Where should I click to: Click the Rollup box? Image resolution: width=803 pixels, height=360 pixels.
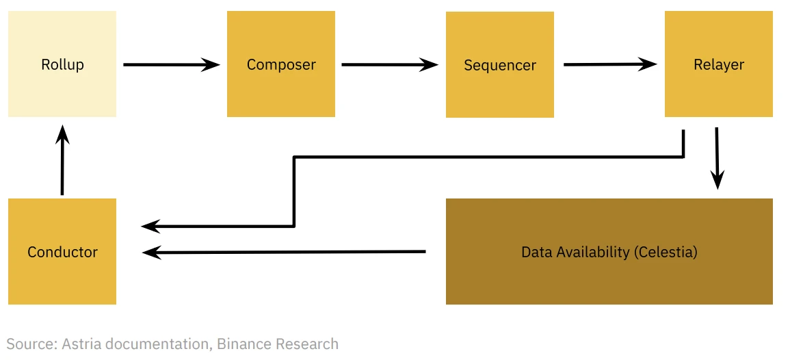pos(62,64)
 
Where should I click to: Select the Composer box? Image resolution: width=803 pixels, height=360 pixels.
pos(281,64)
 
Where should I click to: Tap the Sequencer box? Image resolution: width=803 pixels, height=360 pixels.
pos(500,65)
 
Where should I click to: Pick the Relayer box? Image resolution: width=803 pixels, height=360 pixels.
pos(719,64)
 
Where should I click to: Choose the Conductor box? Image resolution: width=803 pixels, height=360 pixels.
pos(62,251)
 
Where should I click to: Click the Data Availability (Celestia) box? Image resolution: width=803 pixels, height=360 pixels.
pos(609,251)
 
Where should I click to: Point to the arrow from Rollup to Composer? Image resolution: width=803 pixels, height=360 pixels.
pos(171,65)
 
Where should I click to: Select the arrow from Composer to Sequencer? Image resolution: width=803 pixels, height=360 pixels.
pos(389,65)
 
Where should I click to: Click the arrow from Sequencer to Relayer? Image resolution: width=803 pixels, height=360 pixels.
pos(609,65)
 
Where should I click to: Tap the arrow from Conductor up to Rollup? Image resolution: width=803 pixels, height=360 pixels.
pos(62,160)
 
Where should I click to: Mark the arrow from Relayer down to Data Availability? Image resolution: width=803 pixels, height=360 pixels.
pos(717,157)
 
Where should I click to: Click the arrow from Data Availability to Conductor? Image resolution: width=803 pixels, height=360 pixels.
pos(284,252)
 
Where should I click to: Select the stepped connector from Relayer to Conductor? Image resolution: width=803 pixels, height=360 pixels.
pos(479,157)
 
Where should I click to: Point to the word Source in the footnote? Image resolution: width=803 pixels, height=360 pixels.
pos(31,344)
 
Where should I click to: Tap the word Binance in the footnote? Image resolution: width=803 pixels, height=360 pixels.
pos(243,344)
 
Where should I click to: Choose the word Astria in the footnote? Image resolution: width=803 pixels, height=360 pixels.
pos(81,344)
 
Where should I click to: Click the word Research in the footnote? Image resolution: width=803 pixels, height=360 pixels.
pos(306,344)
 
